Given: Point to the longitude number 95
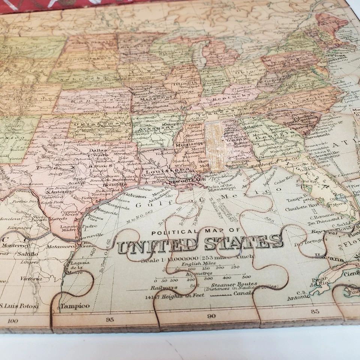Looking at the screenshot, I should click(110, 319).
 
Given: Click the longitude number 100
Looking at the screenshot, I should click(13, 321).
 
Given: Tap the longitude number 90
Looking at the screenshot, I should click(211, 316).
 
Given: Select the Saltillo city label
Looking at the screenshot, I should click(27, 254).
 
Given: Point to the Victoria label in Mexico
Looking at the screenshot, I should click(31, 279).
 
